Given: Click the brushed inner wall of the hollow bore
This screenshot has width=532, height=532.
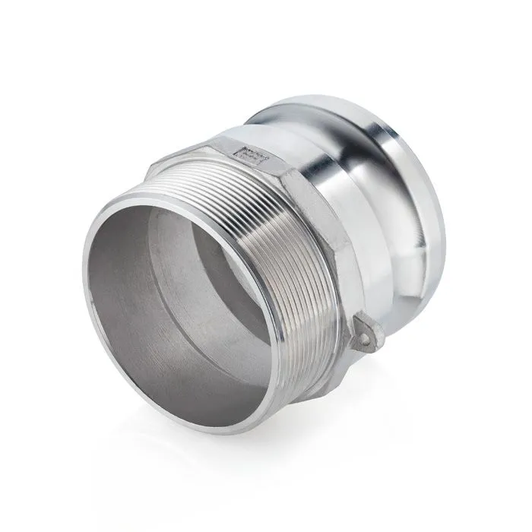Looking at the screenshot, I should [x=144, y=319].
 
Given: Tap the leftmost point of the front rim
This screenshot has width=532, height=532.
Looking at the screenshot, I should [x=84, y=281].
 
